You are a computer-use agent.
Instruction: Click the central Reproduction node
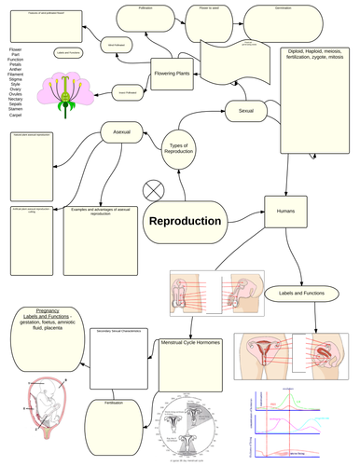tap(186, 222)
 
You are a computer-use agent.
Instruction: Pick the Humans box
tap(284, 212)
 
